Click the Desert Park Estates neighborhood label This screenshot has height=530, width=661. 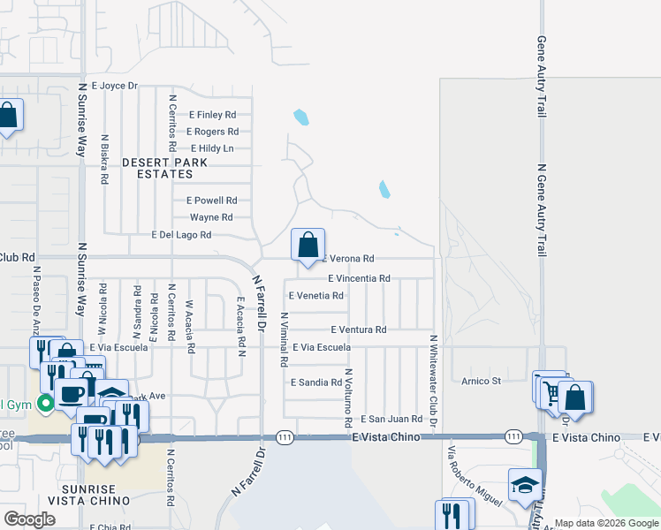165,168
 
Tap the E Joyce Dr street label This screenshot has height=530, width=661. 109,86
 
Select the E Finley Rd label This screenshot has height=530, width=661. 212,115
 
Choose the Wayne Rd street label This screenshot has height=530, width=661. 211,217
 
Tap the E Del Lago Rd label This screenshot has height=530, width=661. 181,235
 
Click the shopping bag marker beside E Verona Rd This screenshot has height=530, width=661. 308,245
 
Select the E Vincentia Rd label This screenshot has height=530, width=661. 359,278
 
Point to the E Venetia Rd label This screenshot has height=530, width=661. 316,296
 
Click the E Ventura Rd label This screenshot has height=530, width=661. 359,329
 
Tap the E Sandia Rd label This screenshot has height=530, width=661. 315,382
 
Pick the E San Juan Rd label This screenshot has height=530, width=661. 391,418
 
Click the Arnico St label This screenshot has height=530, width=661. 481,382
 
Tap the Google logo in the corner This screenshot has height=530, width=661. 29,519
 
